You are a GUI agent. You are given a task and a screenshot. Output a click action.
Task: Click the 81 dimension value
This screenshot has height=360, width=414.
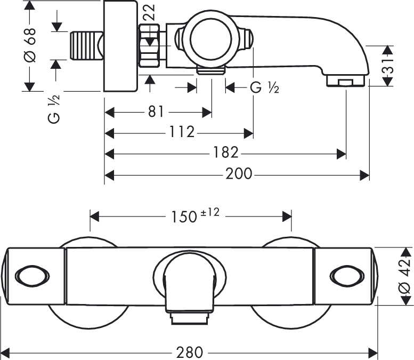click(156, 112)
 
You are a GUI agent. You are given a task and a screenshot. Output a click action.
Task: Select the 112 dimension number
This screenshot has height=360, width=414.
click(182, 132)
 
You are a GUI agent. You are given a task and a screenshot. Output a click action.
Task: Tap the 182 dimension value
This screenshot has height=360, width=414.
click(226, 153)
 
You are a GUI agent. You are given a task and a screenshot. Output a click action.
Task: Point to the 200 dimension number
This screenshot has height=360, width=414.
click(239, 174)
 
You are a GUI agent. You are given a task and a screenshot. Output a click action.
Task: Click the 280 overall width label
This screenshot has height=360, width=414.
click(190, 353)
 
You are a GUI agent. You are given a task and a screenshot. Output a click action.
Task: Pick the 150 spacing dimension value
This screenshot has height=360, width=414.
click(184, 217)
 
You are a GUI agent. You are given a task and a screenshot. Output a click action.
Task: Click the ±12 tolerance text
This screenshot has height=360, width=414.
click(210, 212)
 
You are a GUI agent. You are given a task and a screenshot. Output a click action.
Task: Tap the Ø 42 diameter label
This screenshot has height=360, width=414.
click(404, 276)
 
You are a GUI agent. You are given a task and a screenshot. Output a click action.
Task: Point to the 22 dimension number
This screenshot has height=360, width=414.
click(149, 12)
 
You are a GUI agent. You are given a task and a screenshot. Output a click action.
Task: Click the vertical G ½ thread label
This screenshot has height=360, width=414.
click(54, 109)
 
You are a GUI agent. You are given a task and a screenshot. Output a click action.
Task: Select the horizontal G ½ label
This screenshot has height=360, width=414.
click(265, 87)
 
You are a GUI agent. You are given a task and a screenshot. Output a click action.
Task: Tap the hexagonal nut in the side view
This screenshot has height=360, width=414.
click(150, 45)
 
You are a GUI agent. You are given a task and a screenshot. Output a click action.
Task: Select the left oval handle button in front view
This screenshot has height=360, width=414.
click(32, 276)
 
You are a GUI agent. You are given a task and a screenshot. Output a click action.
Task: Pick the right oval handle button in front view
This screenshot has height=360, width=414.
click(347, 276)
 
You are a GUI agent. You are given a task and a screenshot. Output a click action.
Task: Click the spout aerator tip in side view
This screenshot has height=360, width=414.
click(346, 81)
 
